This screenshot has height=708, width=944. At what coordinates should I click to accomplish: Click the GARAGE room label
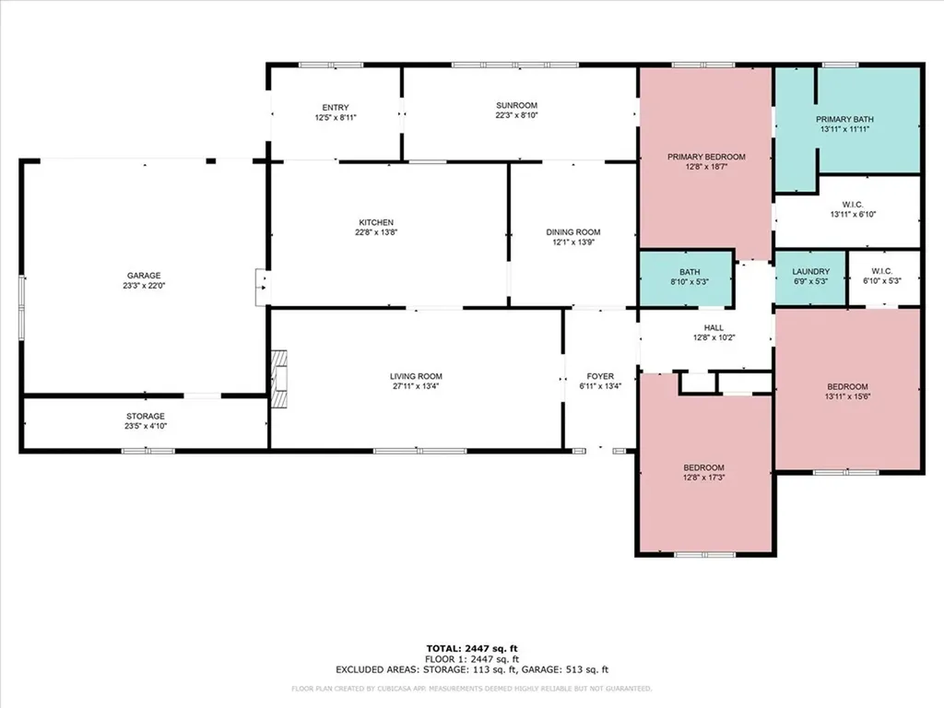144,275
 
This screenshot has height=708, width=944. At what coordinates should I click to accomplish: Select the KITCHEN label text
376,222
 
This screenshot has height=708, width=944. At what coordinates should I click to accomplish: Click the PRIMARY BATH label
844,119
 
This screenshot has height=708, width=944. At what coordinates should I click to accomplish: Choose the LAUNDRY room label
811,271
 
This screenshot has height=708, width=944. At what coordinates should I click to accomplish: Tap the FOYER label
600,376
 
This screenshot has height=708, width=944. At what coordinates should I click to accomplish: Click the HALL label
714,327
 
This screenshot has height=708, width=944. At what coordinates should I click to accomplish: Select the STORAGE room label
146,416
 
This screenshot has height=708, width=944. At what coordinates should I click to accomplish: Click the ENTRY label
336,107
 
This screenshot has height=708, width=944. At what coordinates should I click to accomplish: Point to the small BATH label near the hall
690,271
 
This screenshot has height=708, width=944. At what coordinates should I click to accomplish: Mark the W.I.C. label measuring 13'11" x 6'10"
852,204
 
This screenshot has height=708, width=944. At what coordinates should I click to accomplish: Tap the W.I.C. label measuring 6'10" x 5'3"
881,271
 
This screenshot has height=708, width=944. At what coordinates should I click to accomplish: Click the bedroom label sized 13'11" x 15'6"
846,386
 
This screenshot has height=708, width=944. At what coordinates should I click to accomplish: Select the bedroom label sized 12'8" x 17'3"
703,467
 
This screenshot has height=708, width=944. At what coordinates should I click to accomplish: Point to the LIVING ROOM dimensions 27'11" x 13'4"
417,387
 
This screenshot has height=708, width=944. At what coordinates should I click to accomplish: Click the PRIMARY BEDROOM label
706,157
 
